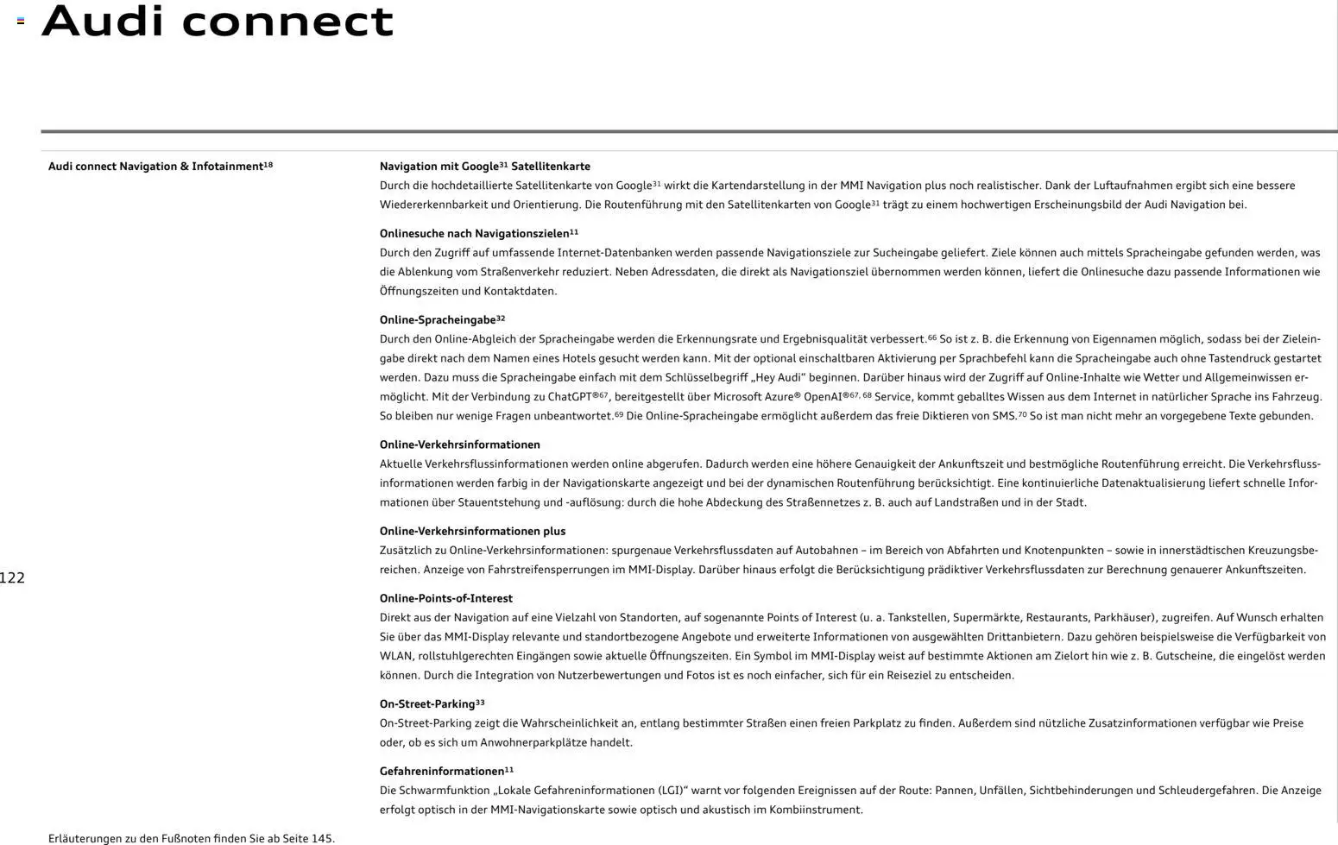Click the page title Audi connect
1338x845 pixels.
(218, 21)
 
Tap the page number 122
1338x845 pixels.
(12, 578)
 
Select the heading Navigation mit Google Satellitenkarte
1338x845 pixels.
(484, 167)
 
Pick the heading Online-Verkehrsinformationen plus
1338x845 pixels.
(472, 532)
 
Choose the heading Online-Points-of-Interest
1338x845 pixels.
(445, 599)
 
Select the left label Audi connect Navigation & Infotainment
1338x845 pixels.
(160, 167)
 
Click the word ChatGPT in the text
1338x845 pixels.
(569, 397)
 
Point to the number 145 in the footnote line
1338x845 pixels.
(321, 838)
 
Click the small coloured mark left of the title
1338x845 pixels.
(21, 21)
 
